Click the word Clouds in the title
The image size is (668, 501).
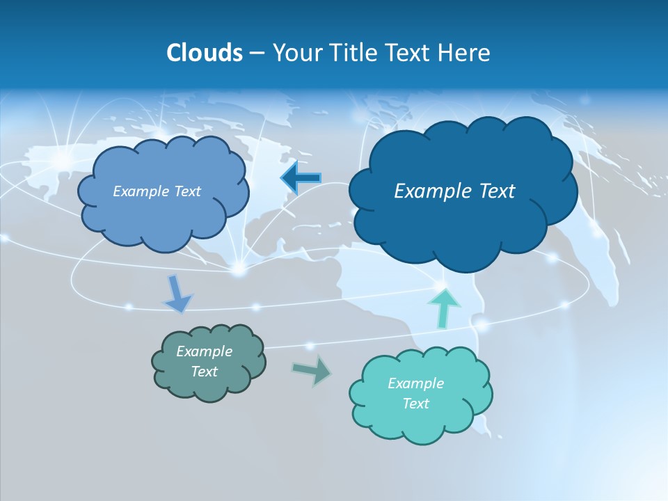tap(204, 53)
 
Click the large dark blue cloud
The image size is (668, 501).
tap(463, 223)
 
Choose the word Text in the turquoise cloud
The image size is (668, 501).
tap(416, 404)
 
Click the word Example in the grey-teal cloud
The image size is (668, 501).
tap(205, 351)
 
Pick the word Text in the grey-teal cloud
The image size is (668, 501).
tap(205, 372)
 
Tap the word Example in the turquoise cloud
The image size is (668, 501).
tap(416, 383)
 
